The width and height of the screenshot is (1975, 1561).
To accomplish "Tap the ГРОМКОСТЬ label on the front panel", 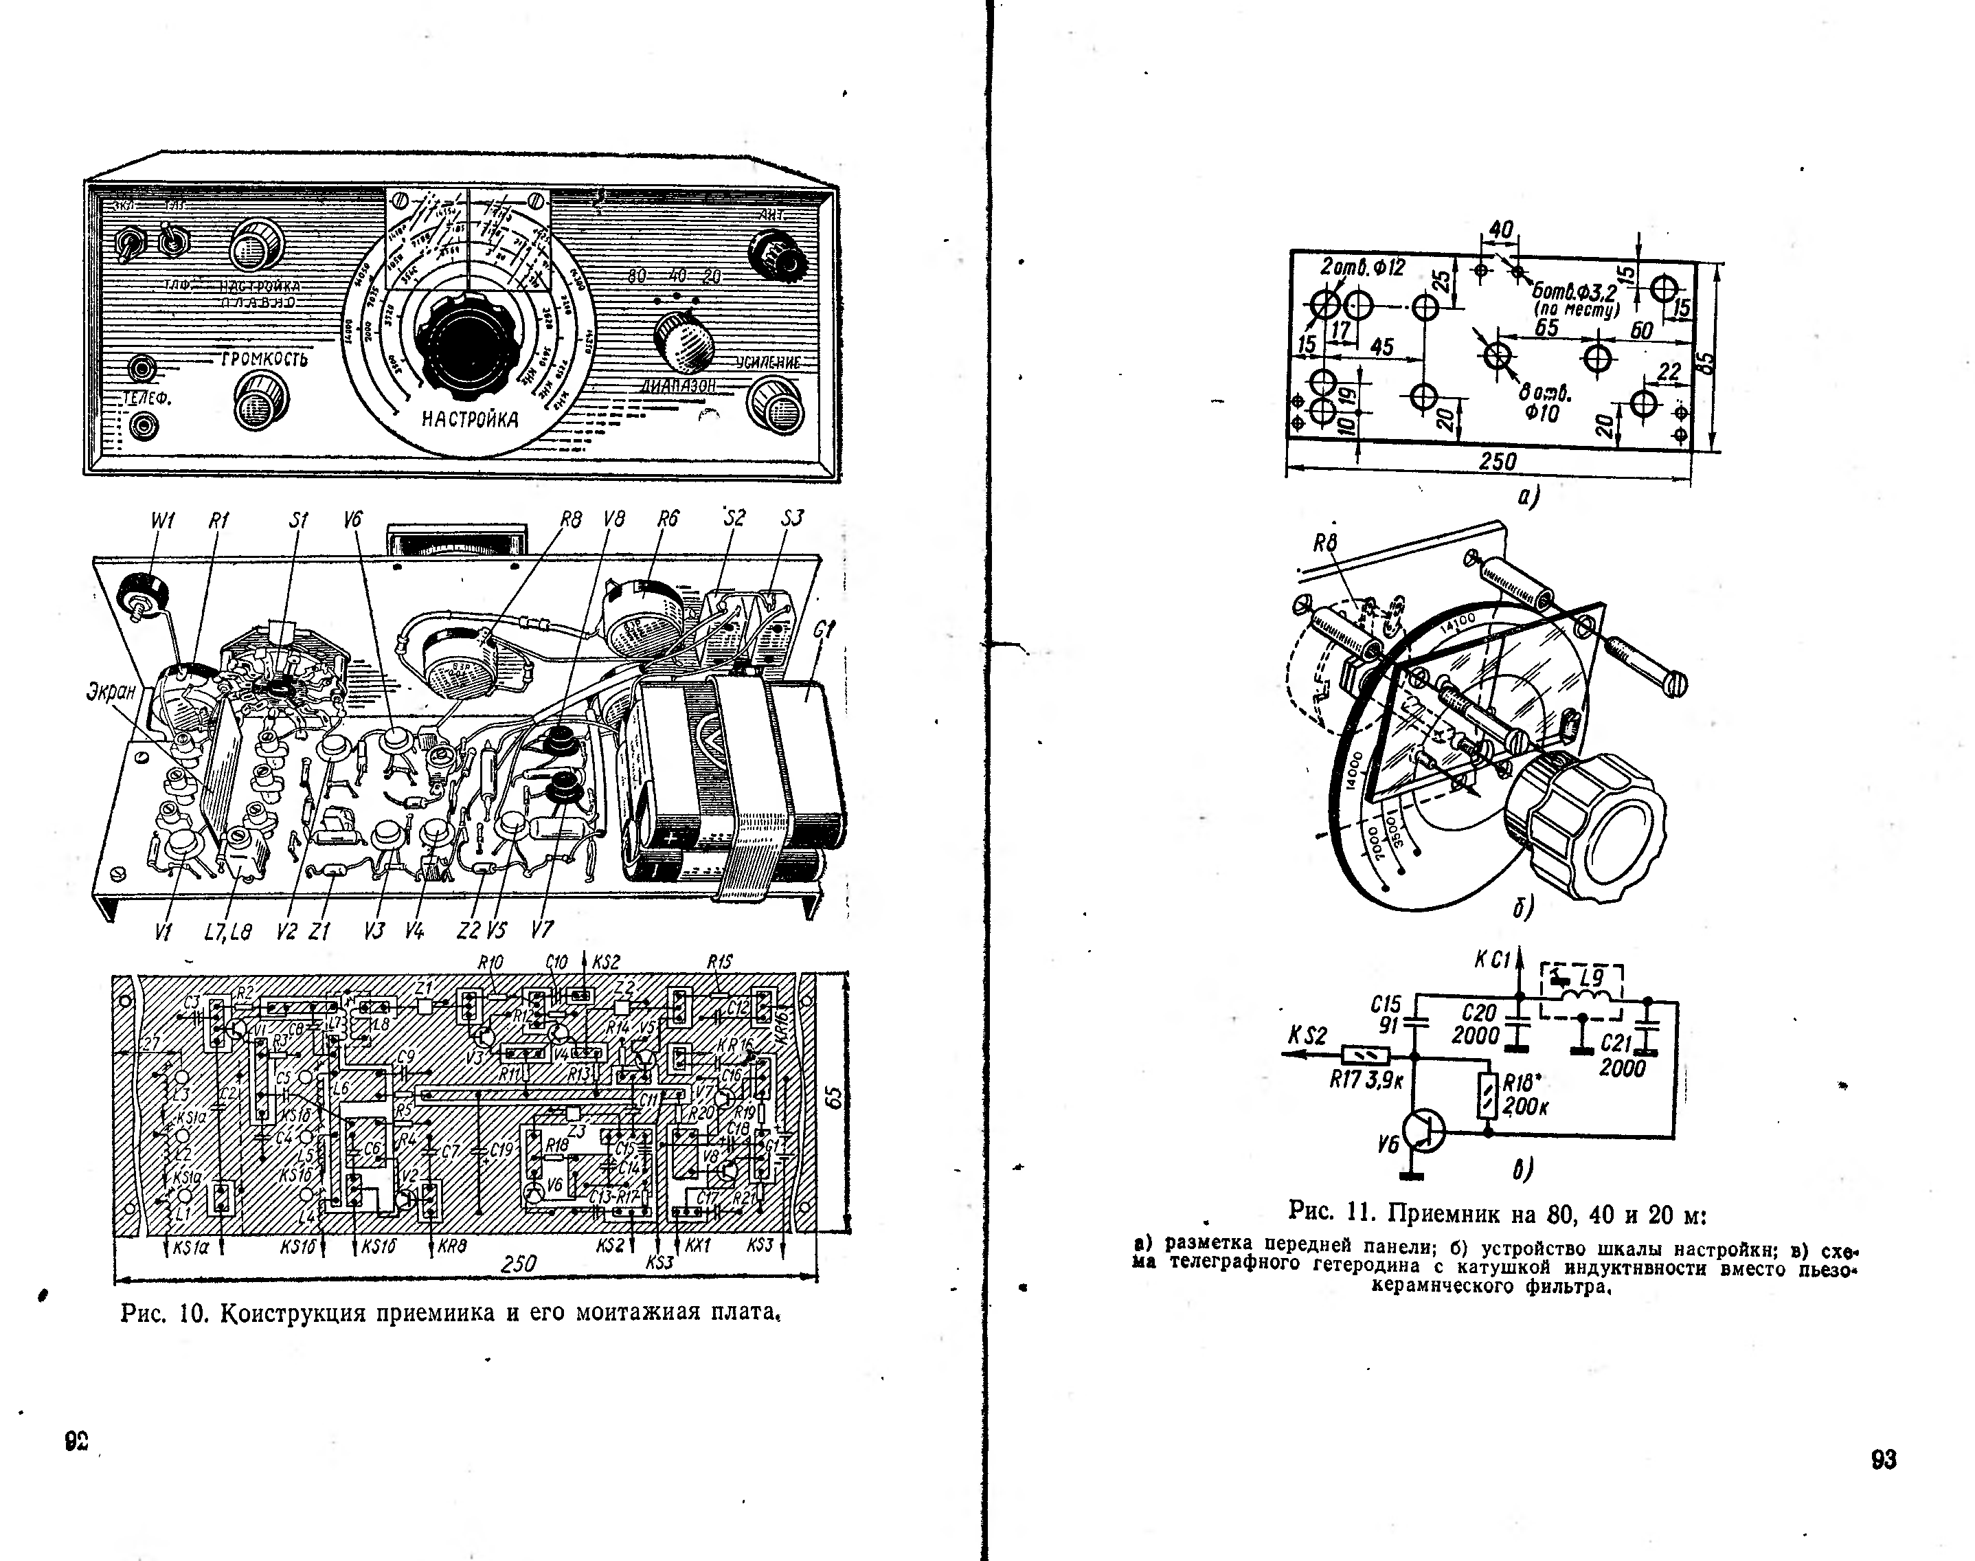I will coord(264,359).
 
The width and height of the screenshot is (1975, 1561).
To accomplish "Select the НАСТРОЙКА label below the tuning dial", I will coord(470,420).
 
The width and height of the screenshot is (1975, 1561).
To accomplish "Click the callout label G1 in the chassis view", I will coord(824,631).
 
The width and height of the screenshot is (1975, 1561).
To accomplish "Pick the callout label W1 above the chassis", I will coord(163,521).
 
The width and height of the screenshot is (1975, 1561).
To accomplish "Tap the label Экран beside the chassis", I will coord(111,692).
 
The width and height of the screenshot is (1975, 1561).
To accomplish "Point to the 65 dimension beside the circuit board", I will coord(833,1099).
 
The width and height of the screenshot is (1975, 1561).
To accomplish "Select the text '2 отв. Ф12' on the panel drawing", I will coord(1363,268).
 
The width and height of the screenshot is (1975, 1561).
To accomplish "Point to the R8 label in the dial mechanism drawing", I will coord(1325,543).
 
